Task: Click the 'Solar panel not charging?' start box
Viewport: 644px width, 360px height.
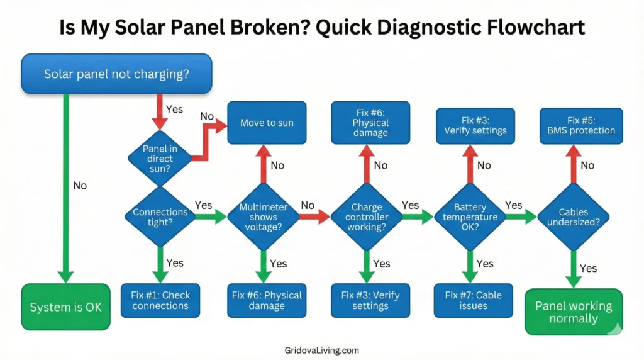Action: pyautogui.click(x=116, y=74)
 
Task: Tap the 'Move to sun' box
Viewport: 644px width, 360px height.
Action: pyautogui.click(x=267, y=123)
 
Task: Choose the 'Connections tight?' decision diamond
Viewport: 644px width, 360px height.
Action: pyautogui.click(x=160, y=218)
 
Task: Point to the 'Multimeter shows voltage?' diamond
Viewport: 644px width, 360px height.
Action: pyautogui.click(x=263, y=217)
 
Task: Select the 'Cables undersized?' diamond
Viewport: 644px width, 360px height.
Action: pyautogui.click(x=573, y=217)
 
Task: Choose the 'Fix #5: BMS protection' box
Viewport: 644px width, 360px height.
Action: pyautogui.click(x=581, y=125)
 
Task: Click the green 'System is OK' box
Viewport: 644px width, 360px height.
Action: pyautogui.click(x=65, y=308)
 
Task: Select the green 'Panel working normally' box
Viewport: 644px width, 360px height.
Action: pyautogui.click(x=573, y=312)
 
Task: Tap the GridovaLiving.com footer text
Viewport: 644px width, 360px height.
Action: pyautogui.click(x=321, y=350)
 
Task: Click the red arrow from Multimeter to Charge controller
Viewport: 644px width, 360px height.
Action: pyautogui.click(x=314, y=217)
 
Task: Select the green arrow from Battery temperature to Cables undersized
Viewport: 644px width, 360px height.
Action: pyautogui.click(x=521, y=217)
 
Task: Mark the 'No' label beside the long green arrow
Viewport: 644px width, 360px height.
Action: pyautogui.click(x=80, y=186)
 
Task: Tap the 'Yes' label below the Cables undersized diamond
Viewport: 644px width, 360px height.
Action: pyautogui.click(x=588, y=268)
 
